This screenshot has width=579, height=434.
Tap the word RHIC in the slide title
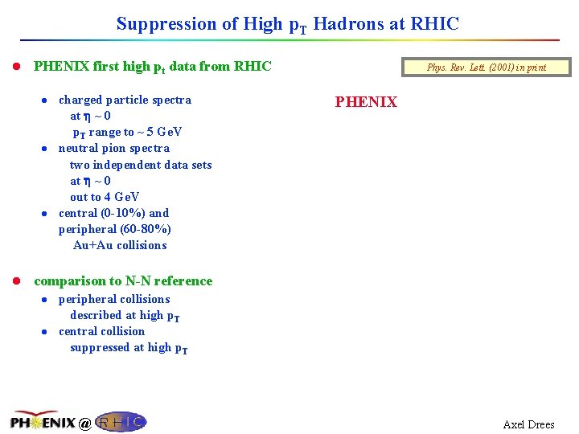(x=434, y=24)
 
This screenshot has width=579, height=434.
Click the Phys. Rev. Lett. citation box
(x=486, y=68)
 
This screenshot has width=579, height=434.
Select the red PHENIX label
(x=366, y=102)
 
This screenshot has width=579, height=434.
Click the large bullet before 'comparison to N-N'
(x=17, y=281)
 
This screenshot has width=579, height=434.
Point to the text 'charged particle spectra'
(x=125, y=100)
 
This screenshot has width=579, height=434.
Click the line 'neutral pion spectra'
(x=113, y=149)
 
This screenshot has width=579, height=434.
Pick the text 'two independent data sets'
(x=141, y=165)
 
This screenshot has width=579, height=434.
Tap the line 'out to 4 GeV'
(x=105, y=197)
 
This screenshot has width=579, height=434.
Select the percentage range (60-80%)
(x=146, y=229)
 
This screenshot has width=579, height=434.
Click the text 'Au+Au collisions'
(x=120, y=245)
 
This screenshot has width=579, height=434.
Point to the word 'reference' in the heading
(x=183, y=281)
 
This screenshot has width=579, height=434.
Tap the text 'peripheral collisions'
(x=114, y=299)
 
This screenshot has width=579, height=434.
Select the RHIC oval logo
(x=121, y=421)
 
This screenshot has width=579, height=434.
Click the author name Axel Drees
(x=528, y=424)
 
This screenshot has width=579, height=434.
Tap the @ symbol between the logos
(x=84, y=424)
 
